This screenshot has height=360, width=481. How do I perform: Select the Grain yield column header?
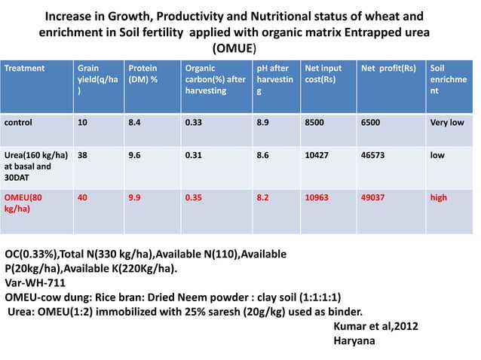(x=97, y=78)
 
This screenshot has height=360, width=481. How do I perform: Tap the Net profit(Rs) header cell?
(x=388, y=67)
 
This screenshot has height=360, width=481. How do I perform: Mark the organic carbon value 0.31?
(x=194, y=155)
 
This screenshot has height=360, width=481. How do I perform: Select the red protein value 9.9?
(x=136, y=197)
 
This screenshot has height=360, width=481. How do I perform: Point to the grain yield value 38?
(x=82, y=155)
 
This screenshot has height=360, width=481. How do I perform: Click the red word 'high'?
(x=438, y=197)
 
